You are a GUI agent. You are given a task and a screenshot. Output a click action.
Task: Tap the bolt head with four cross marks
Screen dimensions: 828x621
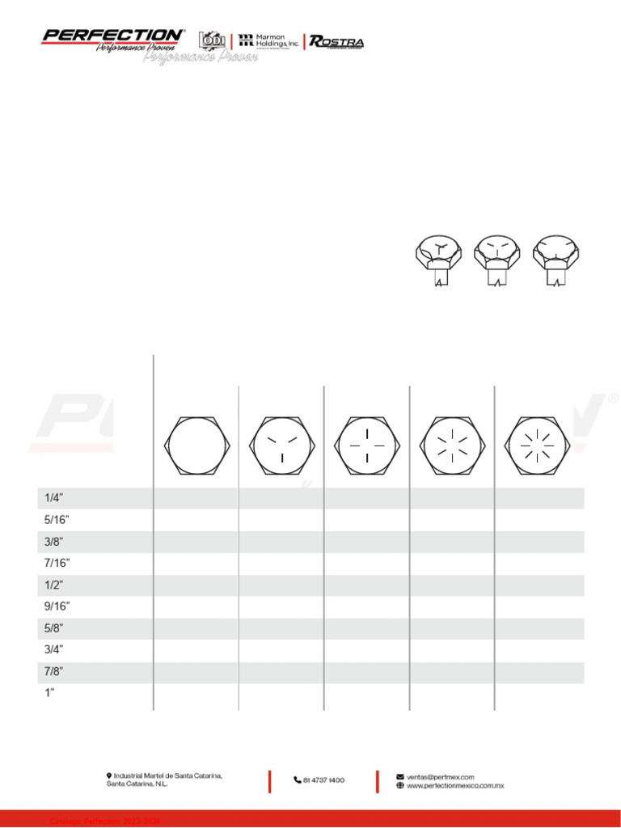pyautogui.click(x=368, y=446)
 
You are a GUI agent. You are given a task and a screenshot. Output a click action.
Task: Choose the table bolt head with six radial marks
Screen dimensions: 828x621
pyautogui.click(x=453, y=446)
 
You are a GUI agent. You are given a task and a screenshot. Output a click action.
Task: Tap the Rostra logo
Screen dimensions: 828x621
pyautogui.click(x=336, y=42)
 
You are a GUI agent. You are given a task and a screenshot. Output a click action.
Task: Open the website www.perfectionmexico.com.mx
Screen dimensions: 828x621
pyautogui.click(x=455, y=785)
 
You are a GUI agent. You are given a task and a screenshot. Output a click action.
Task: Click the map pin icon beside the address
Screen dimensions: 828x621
pyautogui.click(x=109, y=775)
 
